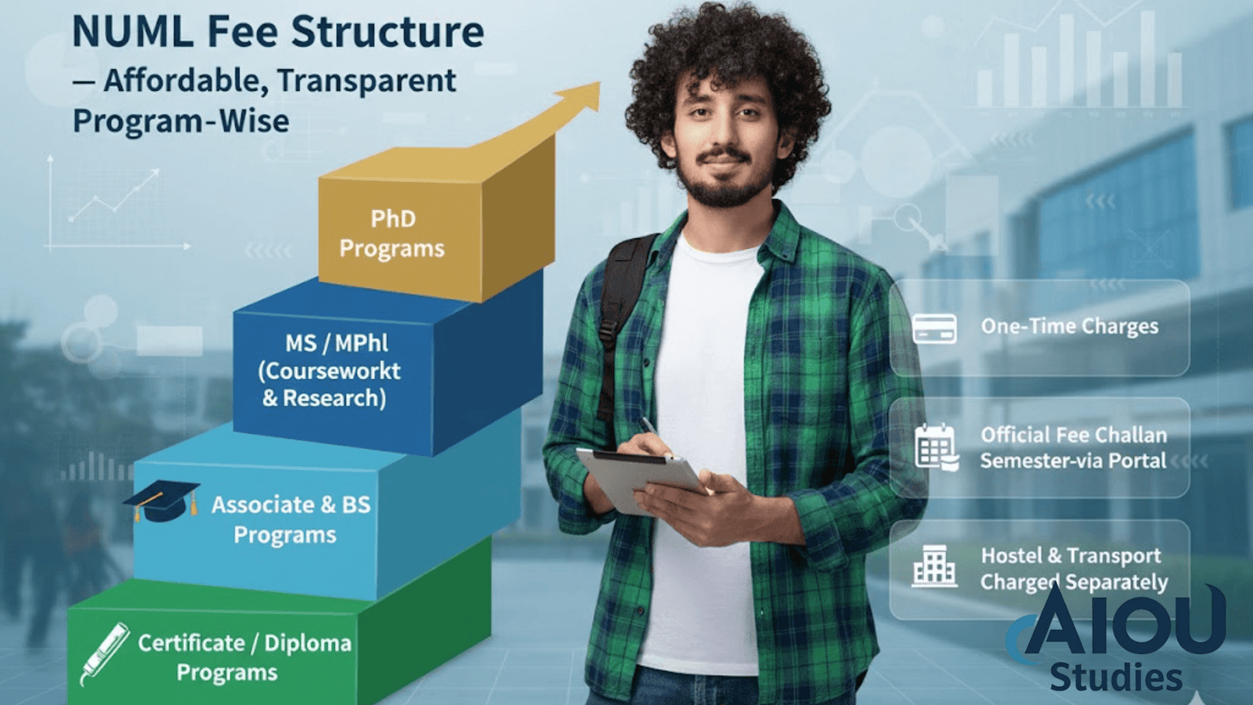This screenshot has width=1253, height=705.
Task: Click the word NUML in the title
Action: coord(133,31)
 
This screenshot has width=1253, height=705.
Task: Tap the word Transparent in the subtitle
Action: coord(367,81)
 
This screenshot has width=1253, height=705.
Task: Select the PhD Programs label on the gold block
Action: coord(392,233)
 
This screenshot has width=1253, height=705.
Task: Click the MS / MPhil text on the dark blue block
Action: coord(337,343)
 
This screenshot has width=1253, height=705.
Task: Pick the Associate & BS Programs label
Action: coord(291,519)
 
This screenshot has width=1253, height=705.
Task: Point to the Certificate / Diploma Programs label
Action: coord(244,657)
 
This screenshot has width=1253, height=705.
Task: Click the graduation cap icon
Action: coord(162,501)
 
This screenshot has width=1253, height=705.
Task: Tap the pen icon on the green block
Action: coord(105,653)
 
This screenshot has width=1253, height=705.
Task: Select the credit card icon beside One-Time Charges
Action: coord(934,328)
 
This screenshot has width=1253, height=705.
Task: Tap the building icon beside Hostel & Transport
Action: coord(934,566)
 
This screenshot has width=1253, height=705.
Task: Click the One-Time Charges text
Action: coord(1070,327)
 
